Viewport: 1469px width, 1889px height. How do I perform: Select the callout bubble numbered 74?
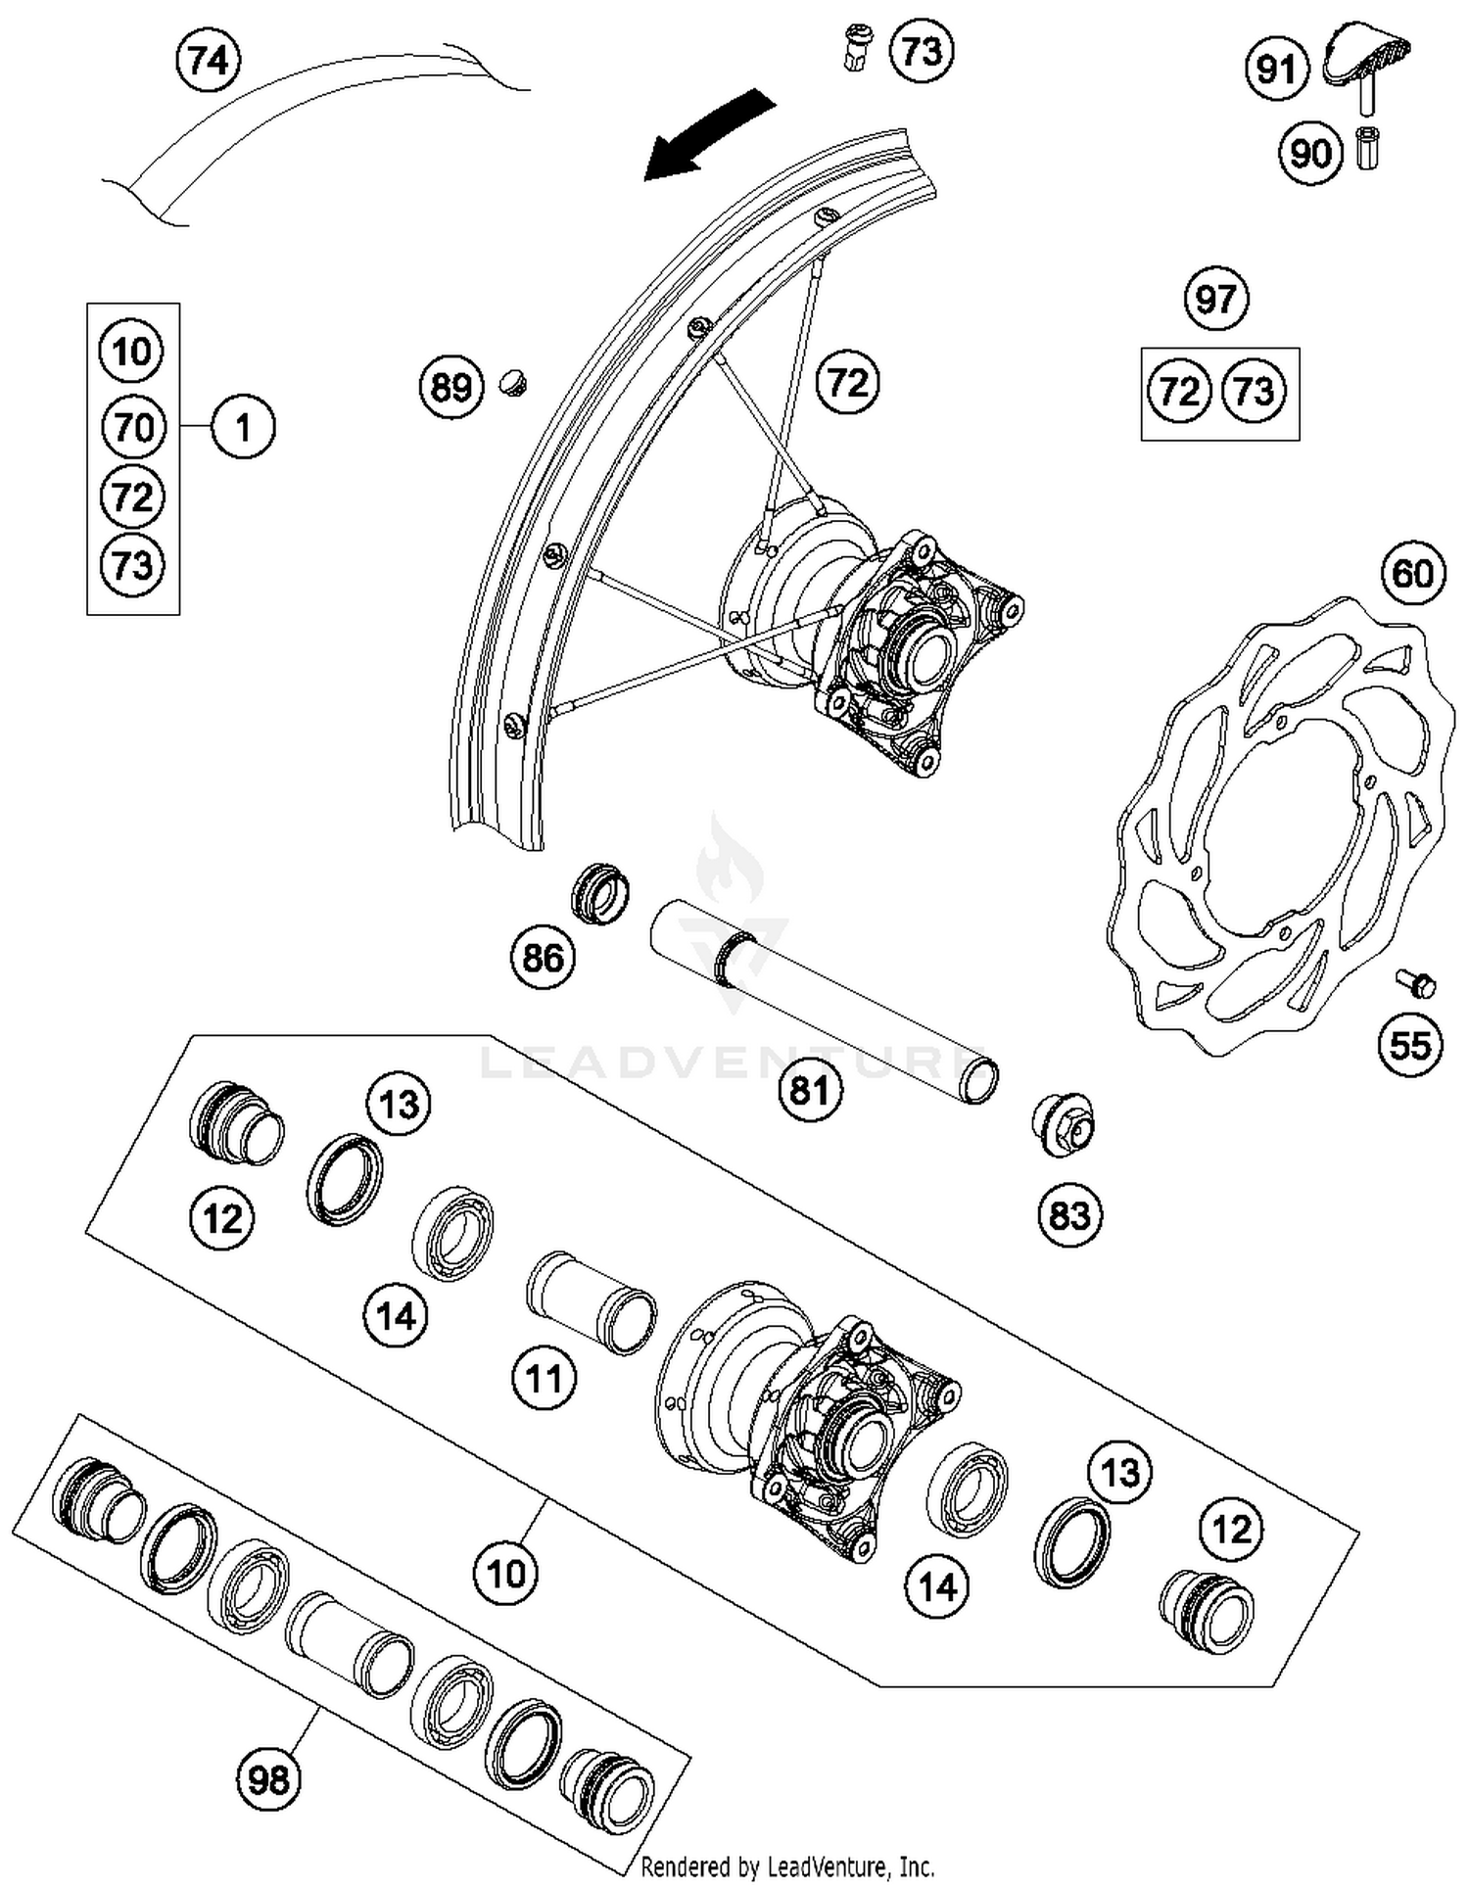coord(209,61)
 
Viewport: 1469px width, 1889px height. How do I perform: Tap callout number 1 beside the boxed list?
coord(243,428)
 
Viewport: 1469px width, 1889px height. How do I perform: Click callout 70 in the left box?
coord(133,428)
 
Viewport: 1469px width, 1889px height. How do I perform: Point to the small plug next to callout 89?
coord(513,381)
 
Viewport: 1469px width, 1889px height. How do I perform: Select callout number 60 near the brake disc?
coord(1412,573)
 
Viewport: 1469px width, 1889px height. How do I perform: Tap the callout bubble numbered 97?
coord(1215,298)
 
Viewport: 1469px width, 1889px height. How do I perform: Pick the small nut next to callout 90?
coord(1367,149)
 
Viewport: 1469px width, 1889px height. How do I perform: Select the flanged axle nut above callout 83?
coord(1064,1126)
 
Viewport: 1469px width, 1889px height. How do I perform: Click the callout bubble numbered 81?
coord(810,1089)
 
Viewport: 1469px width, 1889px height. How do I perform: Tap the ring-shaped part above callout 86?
coord(599,892)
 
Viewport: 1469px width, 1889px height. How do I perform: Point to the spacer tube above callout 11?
coord(592,1301)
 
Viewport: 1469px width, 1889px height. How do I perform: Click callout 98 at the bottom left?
coord(268,1777)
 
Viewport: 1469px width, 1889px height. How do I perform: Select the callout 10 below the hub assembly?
coord(505,1574)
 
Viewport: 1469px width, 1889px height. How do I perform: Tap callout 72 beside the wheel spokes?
coord(847,382)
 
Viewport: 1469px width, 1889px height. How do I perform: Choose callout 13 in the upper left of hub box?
coord(399,1105)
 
